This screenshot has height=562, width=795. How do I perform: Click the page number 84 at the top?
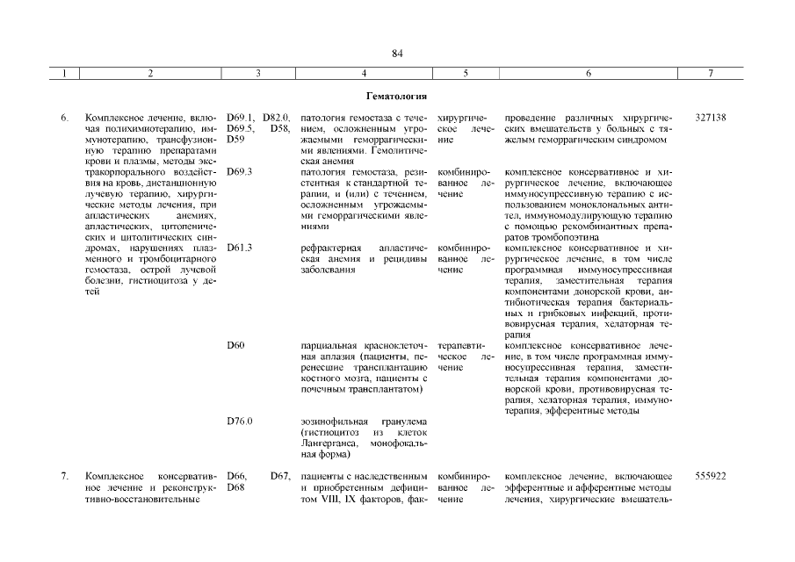click(x=397, y=54)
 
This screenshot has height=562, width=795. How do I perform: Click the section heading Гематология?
click(x=397, y=95)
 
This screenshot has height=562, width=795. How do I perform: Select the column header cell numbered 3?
click(x=257, y=74)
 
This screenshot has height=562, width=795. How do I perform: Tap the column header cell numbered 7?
click(x=710, y=74)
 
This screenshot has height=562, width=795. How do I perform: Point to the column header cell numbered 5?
click(x=465, y=74)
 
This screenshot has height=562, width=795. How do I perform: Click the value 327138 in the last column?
click(x=710, y=117)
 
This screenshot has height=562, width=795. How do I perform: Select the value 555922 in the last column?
click(x=710, y=477)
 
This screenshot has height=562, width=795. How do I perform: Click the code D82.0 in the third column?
click(x=277, y=117)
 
